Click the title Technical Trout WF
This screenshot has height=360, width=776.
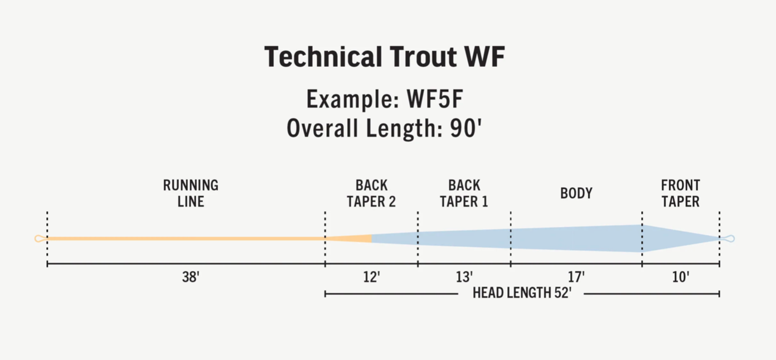(385, 56)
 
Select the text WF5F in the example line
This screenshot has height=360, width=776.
(435, 99)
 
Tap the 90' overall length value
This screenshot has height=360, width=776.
(466, 128)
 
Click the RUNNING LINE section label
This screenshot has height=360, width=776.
(191, 193)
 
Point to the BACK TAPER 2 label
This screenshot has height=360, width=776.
(371, 193)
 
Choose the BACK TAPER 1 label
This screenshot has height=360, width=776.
(464, 193)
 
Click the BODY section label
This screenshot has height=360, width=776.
(576, 193)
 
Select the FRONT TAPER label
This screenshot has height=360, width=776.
(680, 193)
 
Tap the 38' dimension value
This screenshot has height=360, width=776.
(191, 277)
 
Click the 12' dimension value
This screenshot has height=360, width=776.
(371, 277)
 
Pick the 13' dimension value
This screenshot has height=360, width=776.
(464, 277)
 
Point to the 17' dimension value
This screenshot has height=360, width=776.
(576, 277)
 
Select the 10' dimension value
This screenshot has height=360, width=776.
(681, 277)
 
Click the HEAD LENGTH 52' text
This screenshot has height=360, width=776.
(522, 293)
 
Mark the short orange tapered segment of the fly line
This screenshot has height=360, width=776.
(348, 239)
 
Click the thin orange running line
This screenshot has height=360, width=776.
(186, 239)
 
